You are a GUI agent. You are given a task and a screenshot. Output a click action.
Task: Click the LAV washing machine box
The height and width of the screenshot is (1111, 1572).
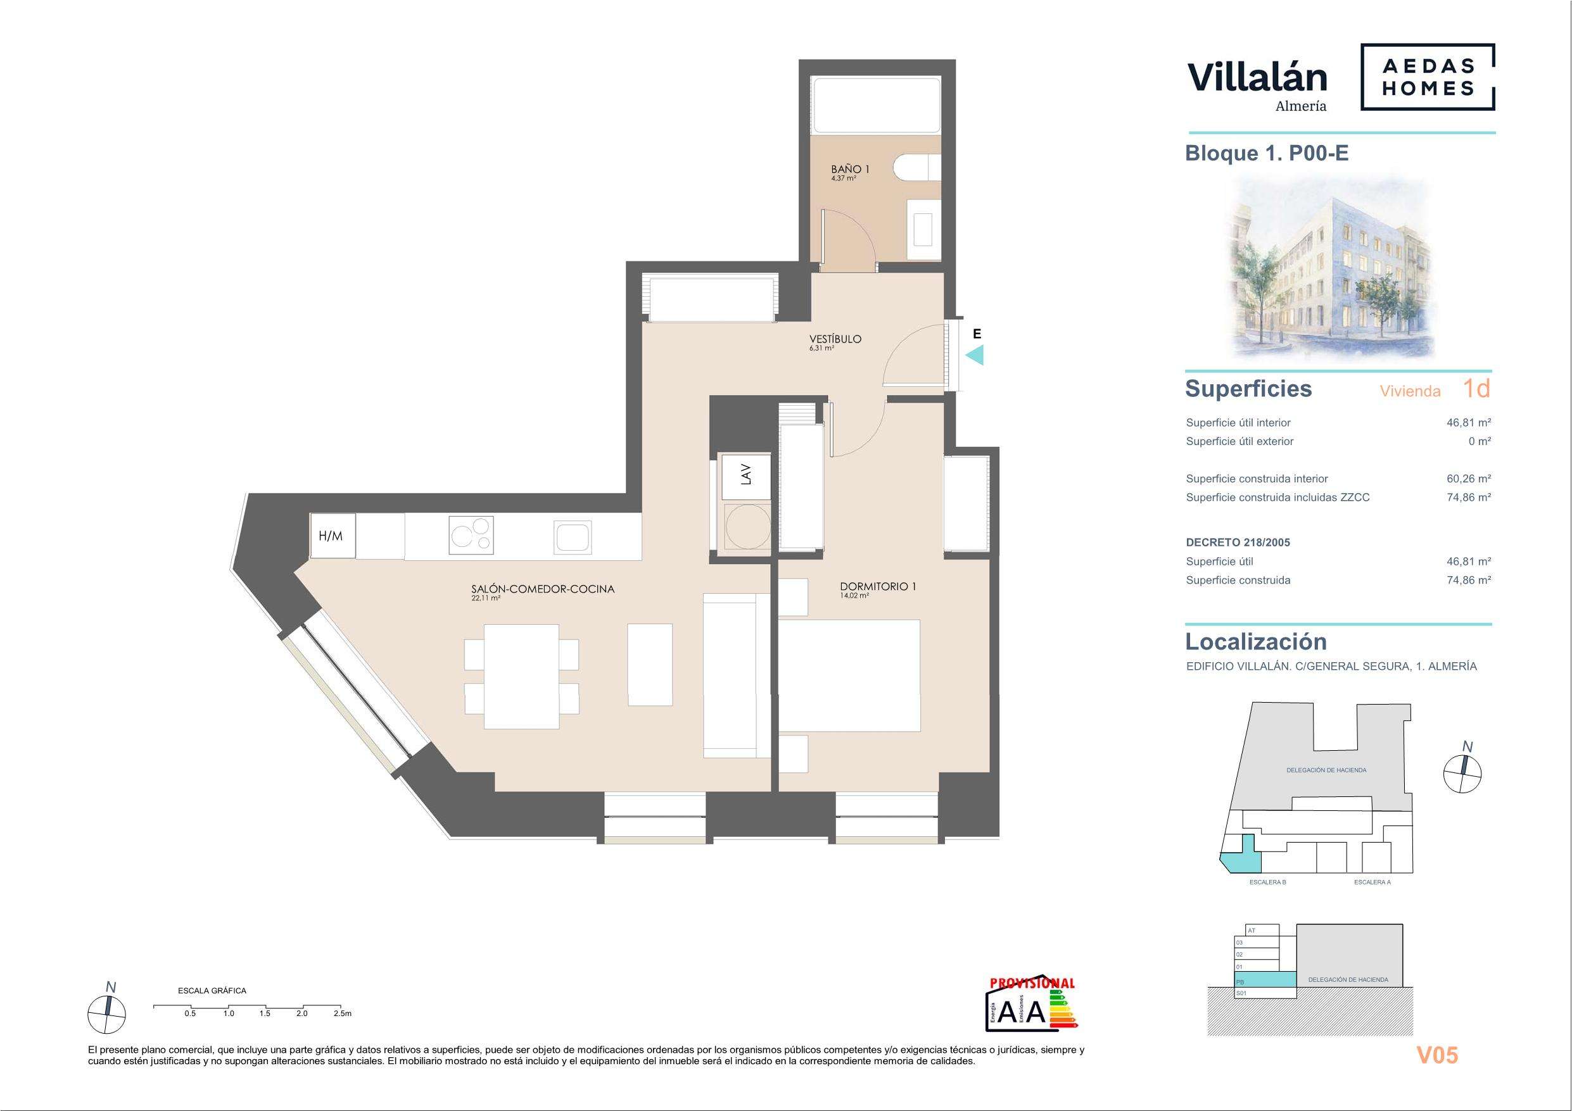(x=746, y=474)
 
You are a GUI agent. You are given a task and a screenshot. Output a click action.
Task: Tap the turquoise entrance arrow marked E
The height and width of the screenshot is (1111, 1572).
(x=974, y=355)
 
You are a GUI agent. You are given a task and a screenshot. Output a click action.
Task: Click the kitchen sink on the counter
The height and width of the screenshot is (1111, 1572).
(x=573, y=537)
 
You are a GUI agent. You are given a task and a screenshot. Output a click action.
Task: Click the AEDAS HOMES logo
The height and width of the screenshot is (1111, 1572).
(x=1428, y=77)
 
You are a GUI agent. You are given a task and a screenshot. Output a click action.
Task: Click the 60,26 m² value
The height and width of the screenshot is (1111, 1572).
(x=1469, y=479)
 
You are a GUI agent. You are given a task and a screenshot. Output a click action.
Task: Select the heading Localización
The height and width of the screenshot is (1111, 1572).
(x=1256, y=641)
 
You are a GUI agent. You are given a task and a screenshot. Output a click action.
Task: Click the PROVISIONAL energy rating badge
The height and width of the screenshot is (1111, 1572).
(x=1032, y=1010)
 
